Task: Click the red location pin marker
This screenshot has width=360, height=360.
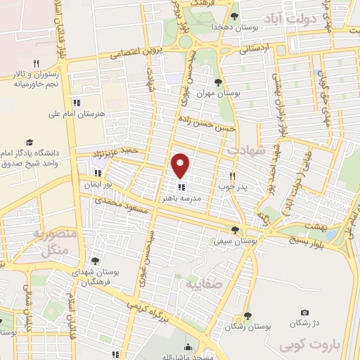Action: (x=181, y=165)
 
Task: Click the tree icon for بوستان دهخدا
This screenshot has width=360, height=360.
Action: (x=234, y=17)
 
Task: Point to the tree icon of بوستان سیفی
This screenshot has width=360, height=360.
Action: (x=234, y=230)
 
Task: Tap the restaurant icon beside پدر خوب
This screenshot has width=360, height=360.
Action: (x=232, y=175)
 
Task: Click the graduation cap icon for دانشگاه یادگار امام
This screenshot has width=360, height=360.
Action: (x=30, y=142)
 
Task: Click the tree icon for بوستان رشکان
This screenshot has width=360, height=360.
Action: (x=247, y=316)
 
